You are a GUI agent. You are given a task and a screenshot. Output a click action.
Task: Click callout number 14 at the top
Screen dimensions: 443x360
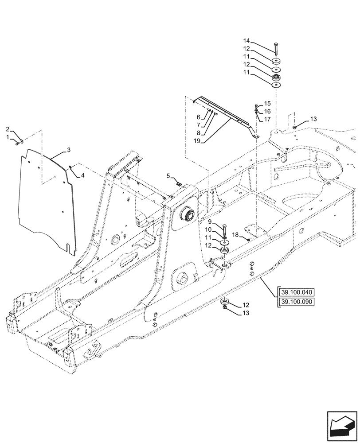point(258,41)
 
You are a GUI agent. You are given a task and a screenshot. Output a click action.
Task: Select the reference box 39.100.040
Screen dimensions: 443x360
point(296,292)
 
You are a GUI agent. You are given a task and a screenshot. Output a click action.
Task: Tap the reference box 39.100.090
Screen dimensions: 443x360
point(296,302)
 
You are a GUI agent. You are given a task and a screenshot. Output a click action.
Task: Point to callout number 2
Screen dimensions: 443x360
point(8,129)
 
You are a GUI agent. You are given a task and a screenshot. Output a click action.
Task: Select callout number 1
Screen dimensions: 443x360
point(8,138)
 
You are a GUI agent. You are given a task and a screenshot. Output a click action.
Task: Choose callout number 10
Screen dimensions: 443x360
point(209,229)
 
